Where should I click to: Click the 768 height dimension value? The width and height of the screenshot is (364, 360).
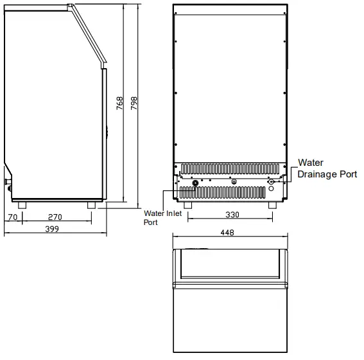pyautogui.click(x=119, y=105)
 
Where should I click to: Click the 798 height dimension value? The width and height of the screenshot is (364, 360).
pyautogui.click(x=134, y=105)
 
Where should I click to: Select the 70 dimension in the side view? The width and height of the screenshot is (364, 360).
pyautogui.click(x=13, y=217)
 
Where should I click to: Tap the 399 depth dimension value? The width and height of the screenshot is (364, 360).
pyautogui.click(x=53, y=230)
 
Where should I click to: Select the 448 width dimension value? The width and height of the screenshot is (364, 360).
pyautogui.click(x=228, y=233)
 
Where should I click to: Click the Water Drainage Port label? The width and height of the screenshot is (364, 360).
pyautogui.click(x=326, y=168)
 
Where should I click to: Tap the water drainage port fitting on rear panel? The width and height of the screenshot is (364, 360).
pyautogui.click(x=272, y=183)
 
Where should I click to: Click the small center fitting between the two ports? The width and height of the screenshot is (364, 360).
pyautogui.click(x=233, y=182)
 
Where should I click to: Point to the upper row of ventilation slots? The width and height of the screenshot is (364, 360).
pyautogui.click(x=230, y=169)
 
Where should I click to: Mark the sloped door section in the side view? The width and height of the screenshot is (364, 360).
pyautogui.click(x=87, y=35)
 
